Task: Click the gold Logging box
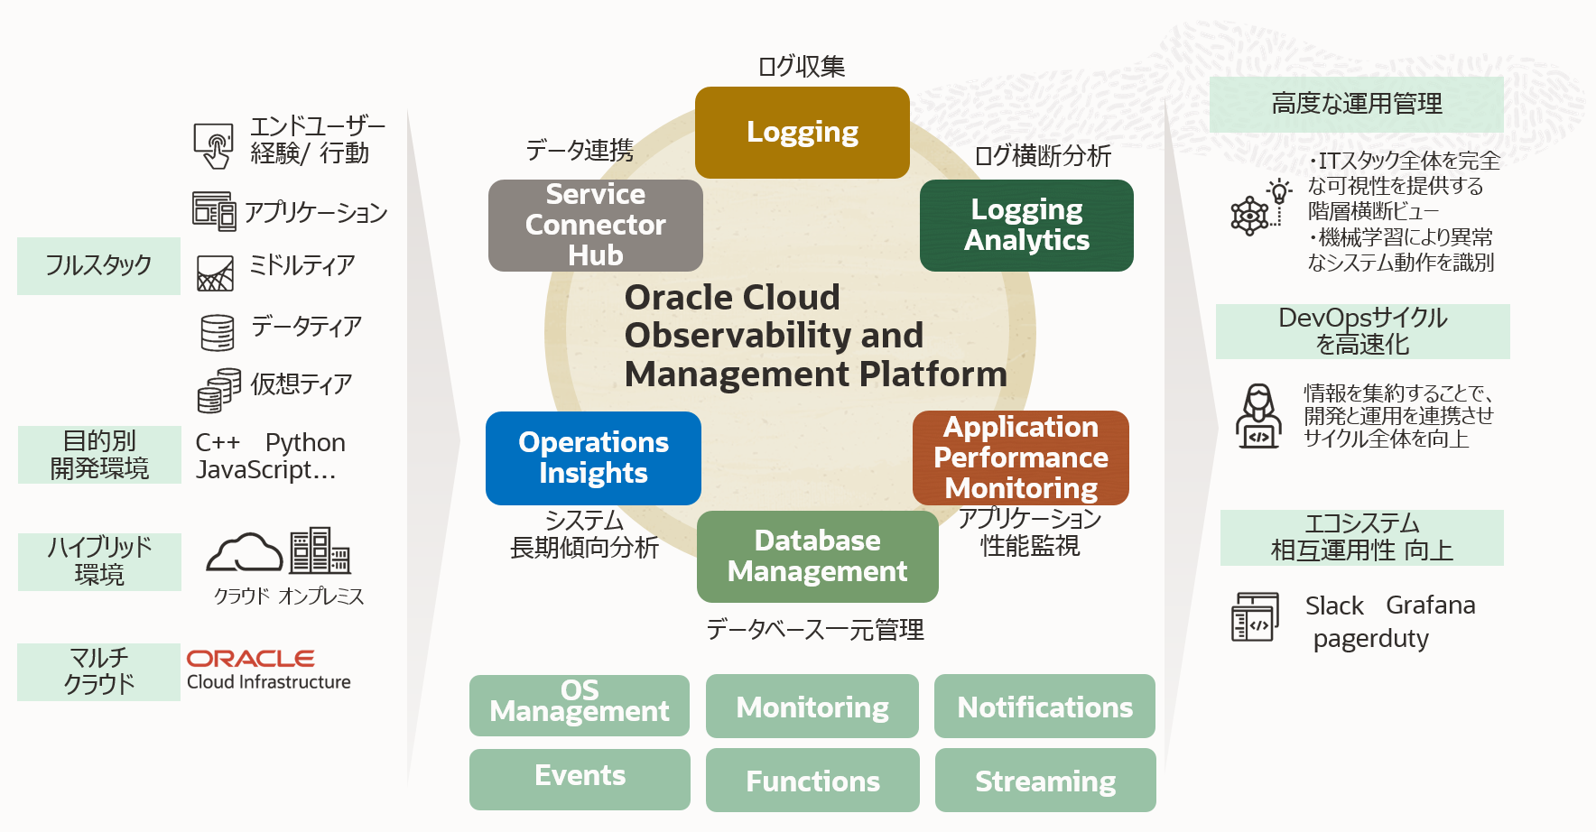tap(802, 133)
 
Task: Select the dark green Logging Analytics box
tap(1026, 226)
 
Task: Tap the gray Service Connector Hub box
tap(595, 226)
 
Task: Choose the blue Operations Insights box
tap(593, 458)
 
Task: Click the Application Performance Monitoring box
tap(1020, 458)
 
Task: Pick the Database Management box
tap(817, 556)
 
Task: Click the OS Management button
tap(579, 705)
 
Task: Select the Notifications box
tap(1044, 707)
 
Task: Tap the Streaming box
tap(1044, 781)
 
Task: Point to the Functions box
tap(812, 781)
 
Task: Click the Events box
tap(579, 778)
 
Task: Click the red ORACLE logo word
tap(250, 659)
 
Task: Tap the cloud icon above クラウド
tap(244, 552)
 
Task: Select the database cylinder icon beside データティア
tap(218, 332)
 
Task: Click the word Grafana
tap(1430, 605)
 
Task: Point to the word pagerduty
tap(1370, 639)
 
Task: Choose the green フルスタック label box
tap(98, 266)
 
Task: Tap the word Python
tap(305, 442)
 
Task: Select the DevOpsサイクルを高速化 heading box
tap(1362, 331)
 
